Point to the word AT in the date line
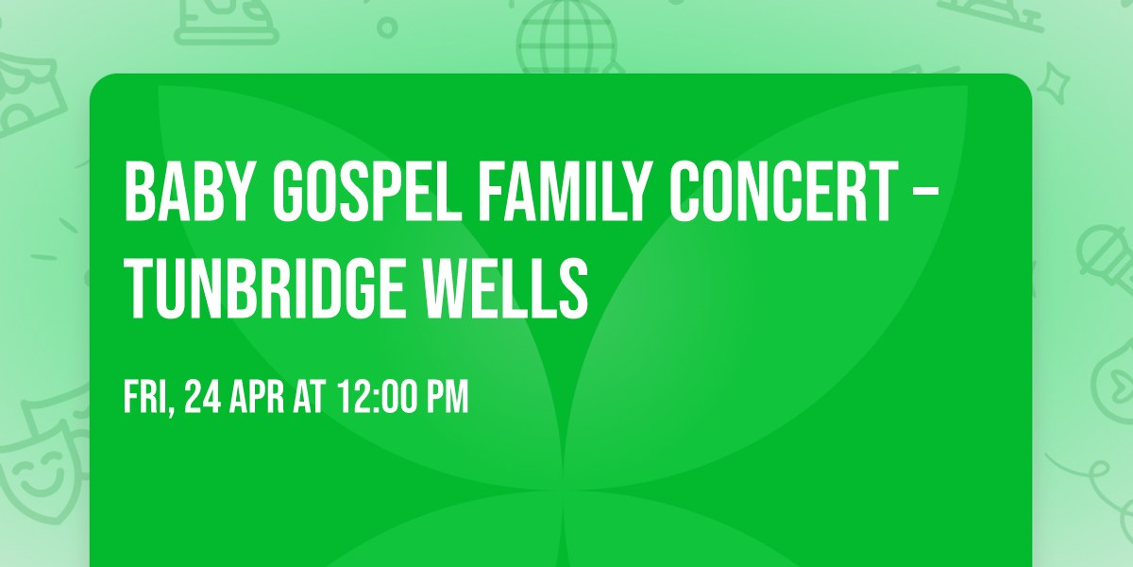310,397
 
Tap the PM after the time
445,397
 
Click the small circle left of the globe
388,26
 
